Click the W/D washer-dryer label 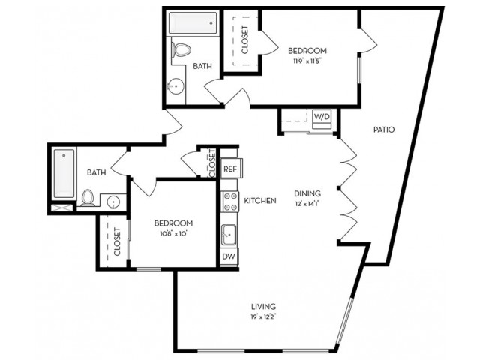322,117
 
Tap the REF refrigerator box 231,168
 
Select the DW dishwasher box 229,256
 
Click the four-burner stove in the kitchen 230,202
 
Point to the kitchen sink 229,235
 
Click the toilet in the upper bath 181,49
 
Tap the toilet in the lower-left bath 88,198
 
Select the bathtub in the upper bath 193,23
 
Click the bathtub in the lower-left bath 64,173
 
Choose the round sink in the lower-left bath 113,202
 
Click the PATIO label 384,130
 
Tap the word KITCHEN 260,201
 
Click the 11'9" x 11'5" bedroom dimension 307,61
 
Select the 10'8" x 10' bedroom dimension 173,233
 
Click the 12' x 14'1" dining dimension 307,204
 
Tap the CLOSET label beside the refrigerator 212,163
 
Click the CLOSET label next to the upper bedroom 245,40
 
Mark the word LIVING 263,307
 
